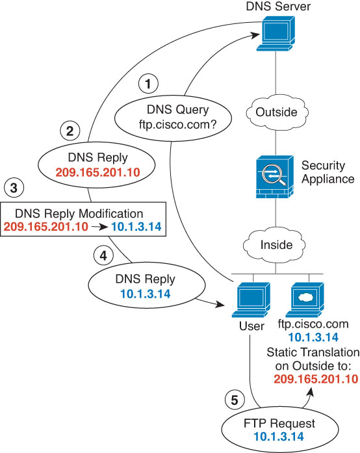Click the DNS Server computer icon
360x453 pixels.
[276, 34]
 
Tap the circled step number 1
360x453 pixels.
[148, 84]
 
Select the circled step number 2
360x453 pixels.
[70, 131]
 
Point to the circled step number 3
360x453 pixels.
[14, 188]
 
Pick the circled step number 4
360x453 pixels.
[103, 255]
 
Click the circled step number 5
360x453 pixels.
[235, 400]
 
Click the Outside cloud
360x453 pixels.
[277, 112]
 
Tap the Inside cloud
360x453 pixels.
[274, 245]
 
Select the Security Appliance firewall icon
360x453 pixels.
[275, 177]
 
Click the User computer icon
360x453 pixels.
[251, 300]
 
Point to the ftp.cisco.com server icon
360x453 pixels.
[305, 300]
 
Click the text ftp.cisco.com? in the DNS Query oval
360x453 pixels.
[177, 125]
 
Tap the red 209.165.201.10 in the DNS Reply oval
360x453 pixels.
[97, 172]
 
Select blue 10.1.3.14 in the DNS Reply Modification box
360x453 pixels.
[136, 227]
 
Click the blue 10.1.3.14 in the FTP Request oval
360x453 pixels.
[279, 437]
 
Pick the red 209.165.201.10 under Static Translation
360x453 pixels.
[316, 379]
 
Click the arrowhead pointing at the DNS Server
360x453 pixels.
[255, 35]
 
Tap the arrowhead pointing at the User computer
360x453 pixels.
[220, 305]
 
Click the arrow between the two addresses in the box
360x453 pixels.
[100, 227]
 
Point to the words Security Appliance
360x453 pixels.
[328, 172]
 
